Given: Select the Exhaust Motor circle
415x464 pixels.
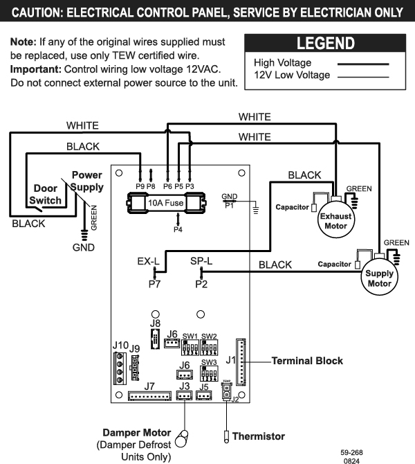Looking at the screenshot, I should point(335,220).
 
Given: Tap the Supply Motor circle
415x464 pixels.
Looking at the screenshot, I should point(379,278).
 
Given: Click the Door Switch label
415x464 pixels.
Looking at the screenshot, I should point(46,195).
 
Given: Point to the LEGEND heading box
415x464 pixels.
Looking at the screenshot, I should point(325,44).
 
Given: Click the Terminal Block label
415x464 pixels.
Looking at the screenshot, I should point(307,361).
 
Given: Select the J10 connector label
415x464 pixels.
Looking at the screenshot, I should point(120,344).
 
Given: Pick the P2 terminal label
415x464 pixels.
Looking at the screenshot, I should point(202,284).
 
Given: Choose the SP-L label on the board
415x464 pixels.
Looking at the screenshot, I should point(202,261).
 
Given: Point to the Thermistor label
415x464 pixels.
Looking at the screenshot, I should point(258,436).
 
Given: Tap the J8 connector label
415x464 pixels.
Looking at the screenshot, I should point(155,323).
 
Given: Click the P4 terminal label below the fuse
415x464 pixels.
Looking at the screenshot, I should point(178,229).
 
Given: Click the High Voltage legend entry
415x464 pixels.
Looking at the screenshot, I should point(283,63).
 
